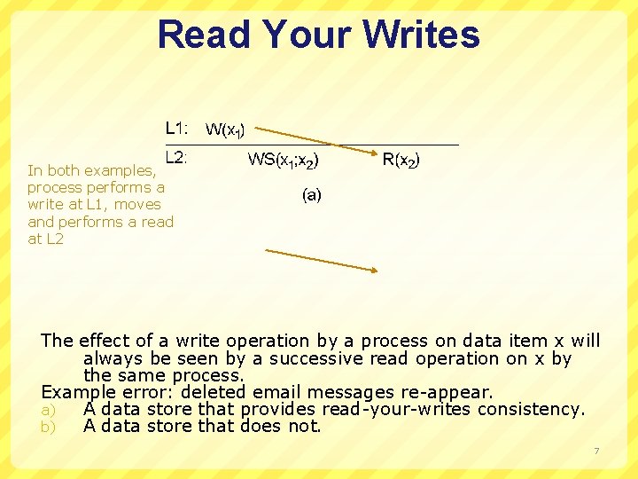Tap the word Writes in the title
click(x=420, y=35)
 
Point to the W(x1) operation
click(x=225, y=130)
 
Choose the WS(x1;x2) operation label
click(x=284, y=161)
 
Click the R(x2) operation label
click(x=401, y=161)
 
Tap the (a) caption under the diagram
click(x=311, y=195)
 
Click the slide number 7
click(x=596, y=452)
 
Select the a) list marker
click(x=49, y=410)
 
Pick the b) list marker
click(x=49, y=427)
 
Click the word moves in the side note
click(x=137, y=205)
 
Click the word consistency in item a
click(x=531, y=409)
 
